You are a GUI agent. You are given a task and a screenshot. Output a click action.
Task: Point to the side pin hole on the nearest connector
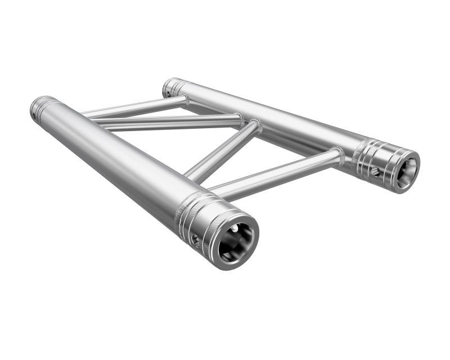pyautogui.click(x=195, y=239)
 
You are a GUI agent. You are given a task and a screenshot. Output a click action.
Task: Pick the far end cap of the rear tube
pyautogui.click(x=172, y=87)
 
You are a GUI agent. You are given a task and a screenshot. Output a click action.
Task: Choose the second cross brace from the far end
pyautogui.click(x=169, y=121)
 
